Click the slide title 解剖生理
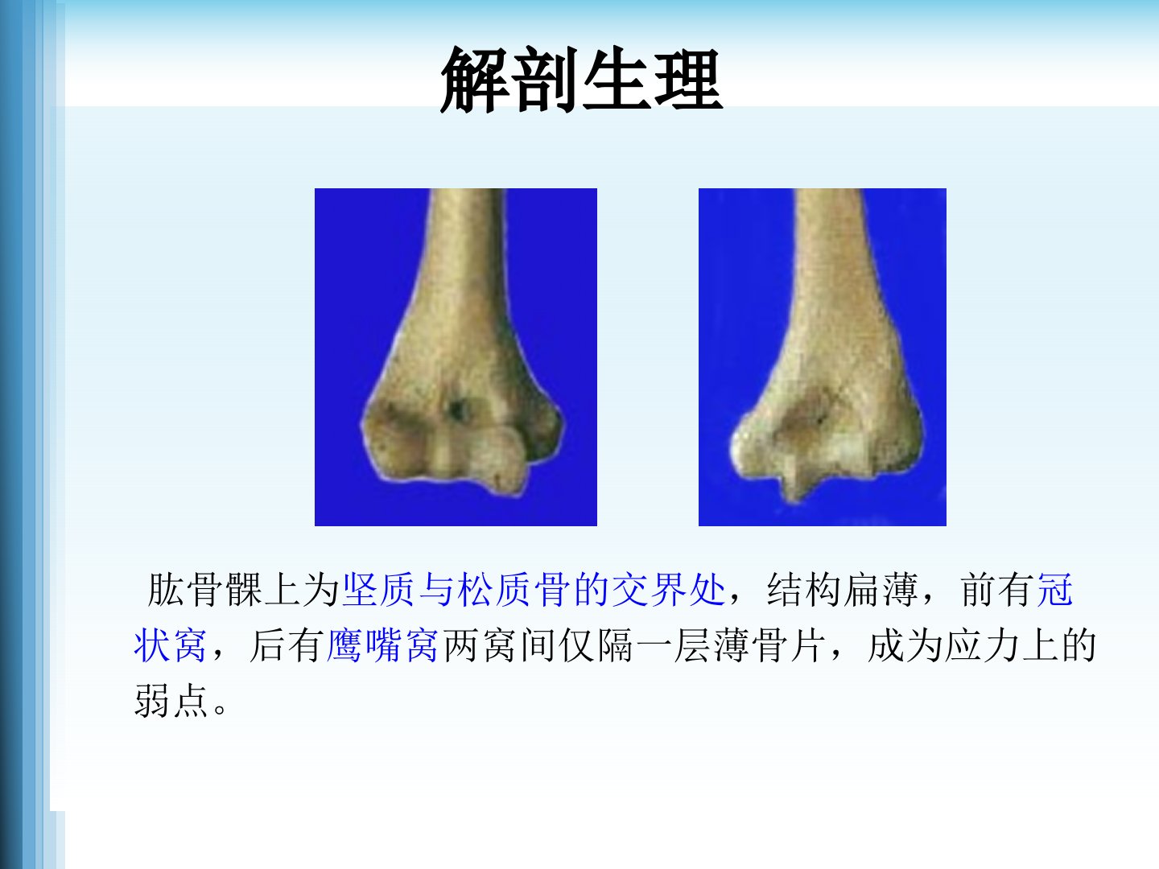coord(581,80)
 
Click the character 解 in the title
coord(475,80)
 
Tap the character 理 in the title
coord(688,80)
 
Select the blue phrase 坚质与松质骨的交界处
coord(534,589)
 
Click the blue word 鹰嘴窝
coord(382,645)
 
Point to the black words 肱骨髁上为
coord(243,589)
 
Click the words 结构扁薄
coord(842,589)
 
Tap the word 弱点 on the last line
coord(171,701)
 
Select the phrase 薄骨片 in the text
coord(770,645)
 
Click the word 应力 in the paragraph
coord(983,645)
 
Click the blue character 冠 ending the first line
coord(1055,589)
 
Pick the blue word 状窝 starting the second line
coord(170,645)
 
